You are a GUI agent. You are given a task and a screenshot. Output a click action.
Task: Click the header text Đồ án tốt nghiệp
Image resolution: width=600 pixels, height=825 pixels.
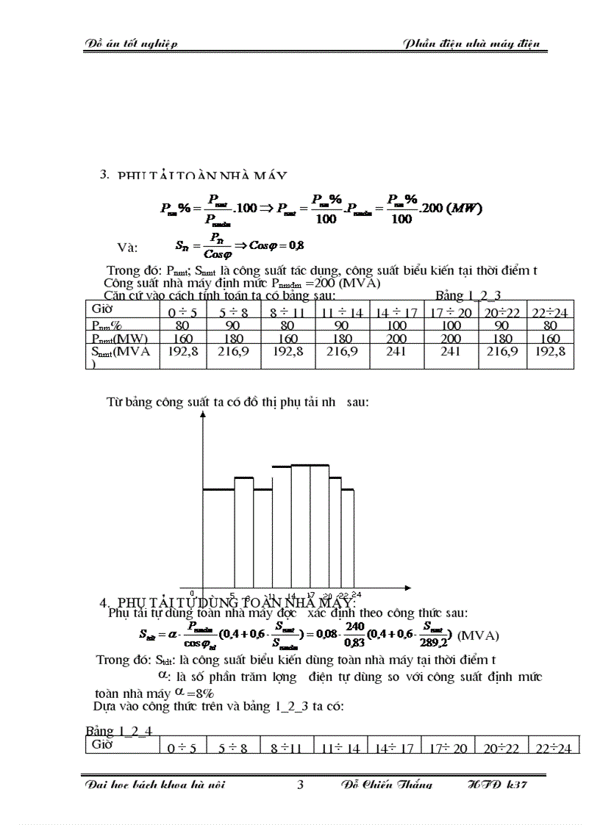pos(130,43)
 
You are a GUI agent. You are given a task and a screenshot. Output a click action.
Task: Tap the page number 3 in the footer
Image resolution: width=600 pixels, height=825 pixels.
pos(300,785)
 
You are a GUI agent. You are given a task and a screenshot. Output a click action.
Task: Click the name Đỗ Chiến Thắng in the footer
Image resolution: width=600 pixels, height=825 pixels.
pos(387,785)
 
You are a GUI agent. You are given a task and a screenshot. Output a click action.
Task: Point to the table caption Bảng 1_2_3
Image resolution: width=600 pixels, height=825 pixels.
pos(468,296)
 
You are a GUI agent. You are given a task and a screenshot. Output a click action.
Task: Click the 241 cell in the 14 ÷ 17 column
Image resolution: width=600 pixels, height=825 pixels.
pos(396,351)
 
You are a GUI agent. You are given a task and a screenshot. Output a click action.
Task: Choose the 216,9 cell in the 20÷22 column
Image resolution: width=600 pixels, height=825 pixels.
pos(503,351)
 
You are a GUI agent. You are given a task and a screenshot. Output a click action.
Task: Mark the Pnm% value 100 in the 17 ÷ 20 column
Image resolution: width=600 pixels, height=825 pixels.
pos(450,325)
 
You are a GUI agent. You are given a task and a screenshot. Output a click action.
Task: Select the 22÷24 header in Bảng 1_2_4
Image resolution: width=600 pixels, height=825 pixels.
pos(553,749)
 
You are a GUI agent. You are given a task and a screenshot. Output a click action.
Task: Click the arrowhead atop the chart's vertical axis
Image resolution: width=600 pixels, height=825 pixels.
pos(202,416)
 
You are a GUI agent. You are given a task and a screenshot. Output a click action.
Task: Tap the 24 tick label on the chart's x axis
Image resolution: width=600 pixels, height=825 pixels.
pos(356,594)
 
